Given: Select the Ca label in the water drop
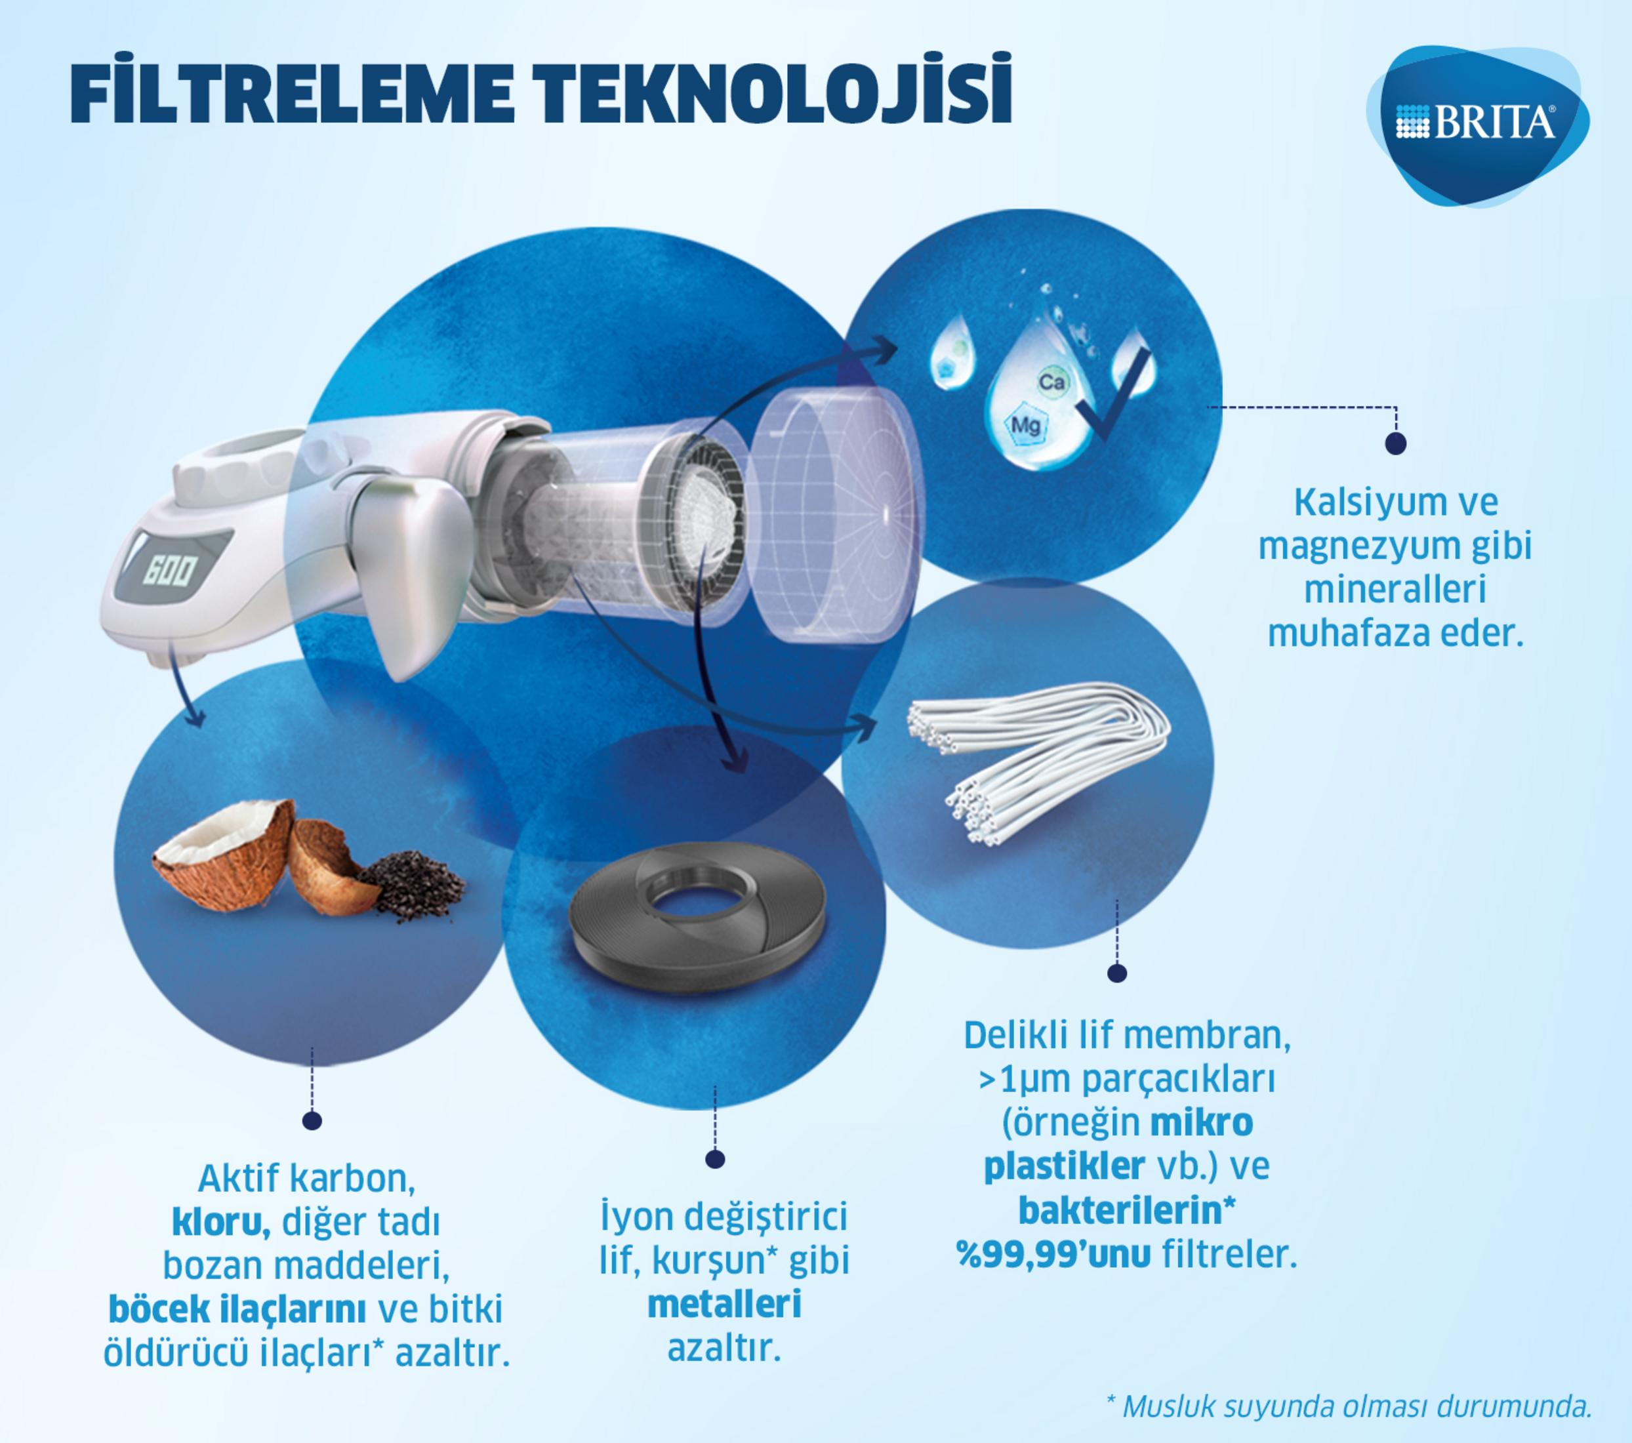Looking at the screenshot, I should (1051, 382).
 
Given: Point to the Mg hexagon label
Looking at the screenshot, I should (1025, 425).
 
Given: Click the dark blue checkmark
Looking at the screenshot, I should (1114, 399).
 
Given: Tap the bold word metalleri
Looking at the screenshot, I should (724, 1304).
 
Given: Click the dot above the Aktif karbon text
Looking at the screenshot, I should (312, 1121).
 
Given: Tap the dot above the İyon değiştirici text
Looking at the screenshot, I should (714, 1159).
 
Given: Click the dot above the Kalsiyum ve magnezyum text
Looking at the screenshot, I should (1396, 444).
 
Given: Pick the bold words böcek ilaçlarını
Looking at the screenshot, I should (237, 1309).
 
